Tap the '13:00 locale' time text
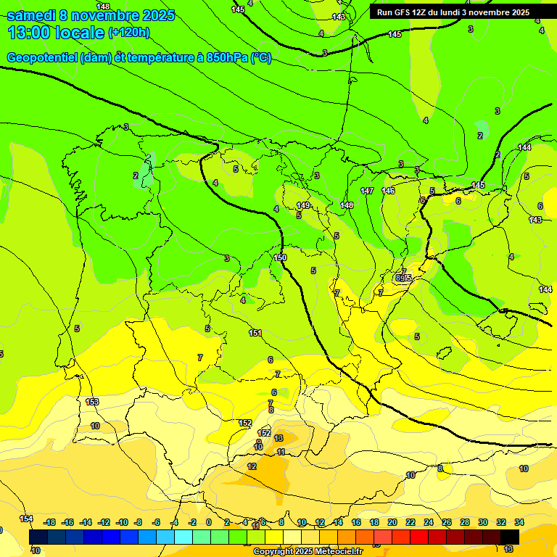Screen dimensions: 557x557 [56, 32]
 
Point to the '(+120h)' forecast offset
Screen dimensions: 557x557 [129, 32]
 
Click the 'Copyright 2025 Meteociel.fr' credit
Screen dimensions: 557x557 [308, 552]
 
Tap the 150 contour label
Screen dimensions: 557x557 [281, 257]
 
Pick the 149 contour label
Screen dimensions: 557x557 [303, 206]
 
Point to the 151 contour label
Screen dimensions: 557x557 [255, 333]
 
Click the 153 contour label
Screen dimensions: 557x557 [92, 402]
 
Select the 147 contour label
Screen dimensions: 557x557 [367, 191]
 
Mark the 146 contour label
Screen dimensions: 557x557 [389, 191]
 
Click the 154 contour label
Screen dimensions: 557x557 [26, 518]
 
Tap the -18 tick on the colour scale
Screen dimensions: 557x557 [49, 522]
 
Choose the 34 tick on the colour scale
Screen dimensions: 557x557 [519, 522]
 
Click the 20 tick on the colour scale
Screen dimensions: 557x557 [392, 522]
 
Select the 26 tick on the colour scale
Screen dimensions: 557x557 [446, 522]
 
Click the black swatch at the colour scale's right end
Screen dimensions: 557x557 [510, 537]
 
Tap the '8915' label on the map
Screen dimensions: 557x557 [404, 278]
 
